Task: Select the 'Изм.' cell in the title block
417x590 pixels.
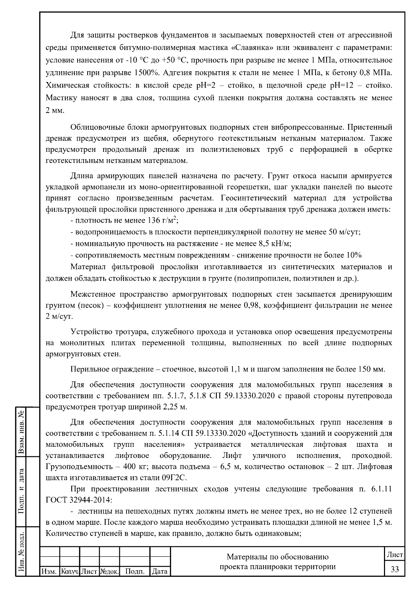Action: [x=49, y=571]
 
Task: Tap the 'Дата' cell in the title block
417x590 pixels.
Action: [x=160, y=571]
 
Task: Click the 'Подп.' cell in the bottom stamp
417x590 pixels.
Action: [x=134, y=571]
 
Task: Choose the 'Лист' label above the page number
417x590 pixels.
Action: [x=395, y=555]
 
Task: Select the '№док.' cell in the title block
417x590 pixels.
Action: [x=109, y=571]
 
